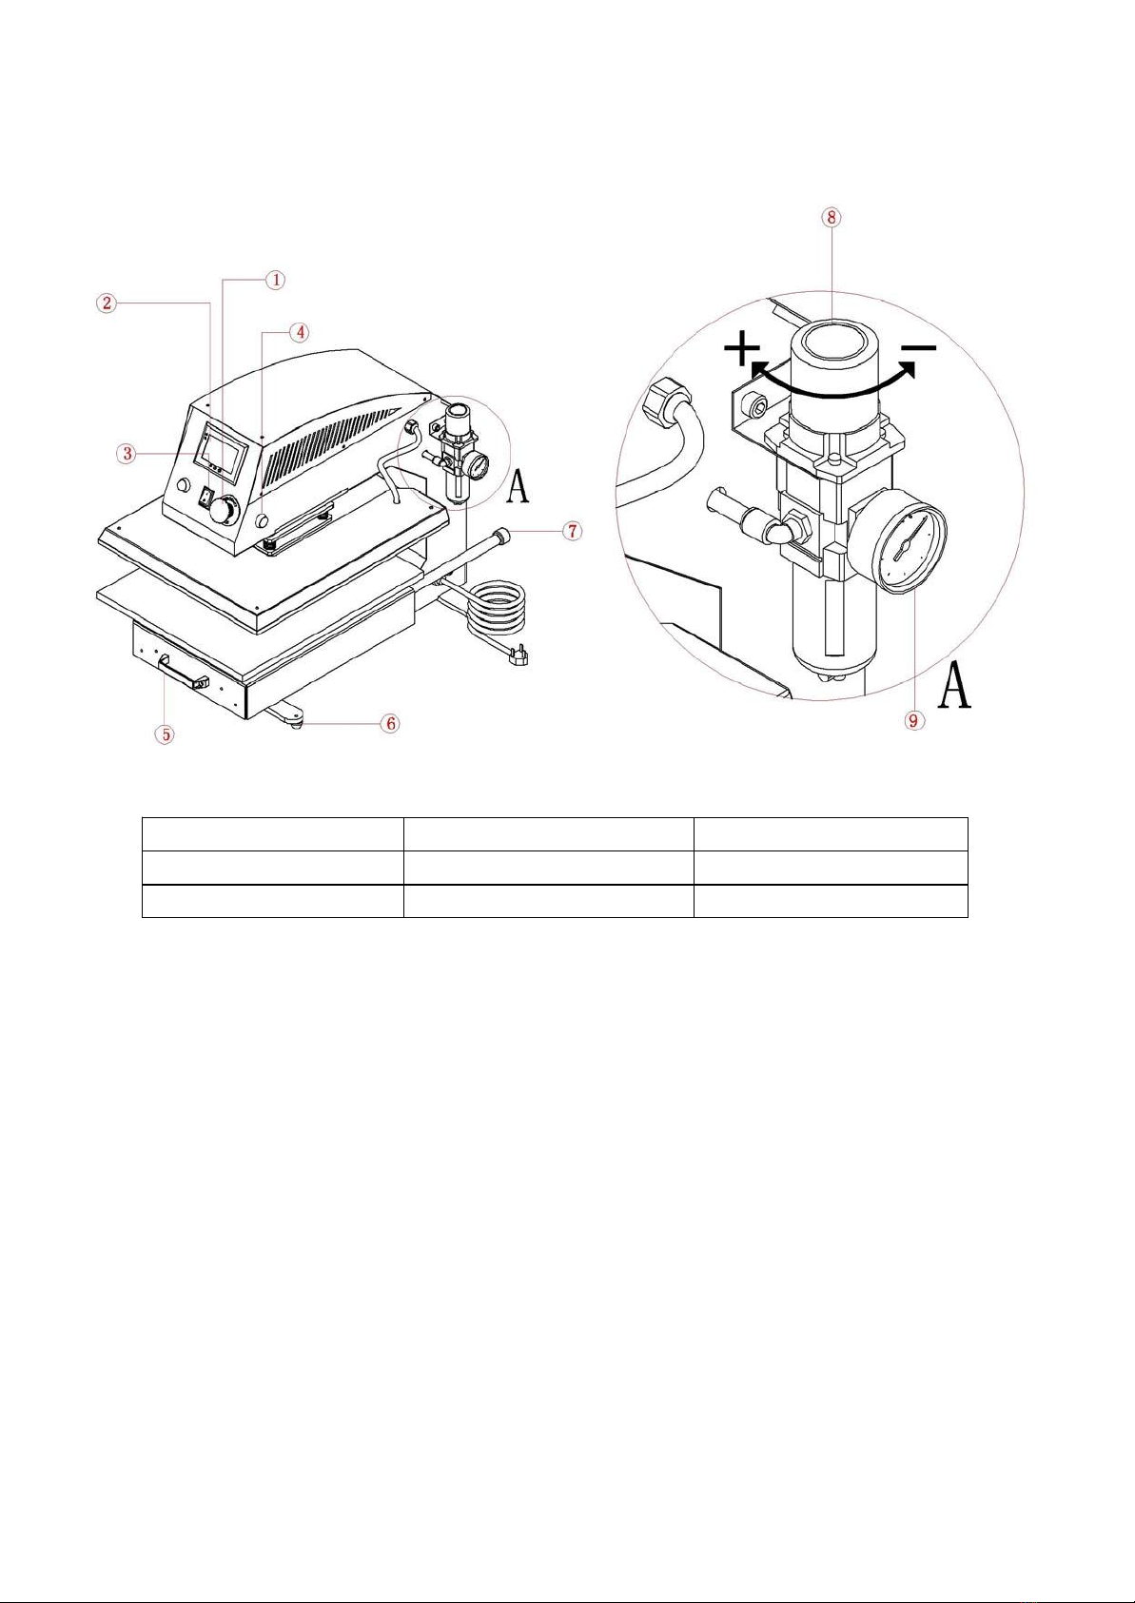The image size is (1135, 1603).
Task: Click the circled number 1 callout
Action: click(x=276, y=280)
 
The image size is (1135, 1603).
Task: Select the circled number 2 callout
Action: click(x=106, y=303)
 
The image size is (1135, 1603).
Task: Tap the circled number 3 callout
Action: click(x=127, y=453)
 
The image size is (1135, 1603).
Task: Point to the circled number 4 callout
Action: click(x=300, y=333)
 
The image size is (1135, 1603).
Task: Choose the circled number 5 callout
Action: click(x=166, y=734)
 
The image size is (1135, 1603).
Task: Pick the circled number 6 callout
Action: click(x=391, y=724)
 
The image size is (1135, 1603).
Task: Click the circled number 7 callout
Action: click(x=573, y=531)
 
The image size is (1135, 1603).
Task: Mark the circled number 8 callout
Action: click(x=831, y=218)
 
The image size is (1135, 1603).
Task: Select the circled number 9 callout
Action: click(x=913, y=720)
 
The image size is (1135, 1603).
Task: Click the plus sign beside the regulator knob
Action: click(x=742, y=351)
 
